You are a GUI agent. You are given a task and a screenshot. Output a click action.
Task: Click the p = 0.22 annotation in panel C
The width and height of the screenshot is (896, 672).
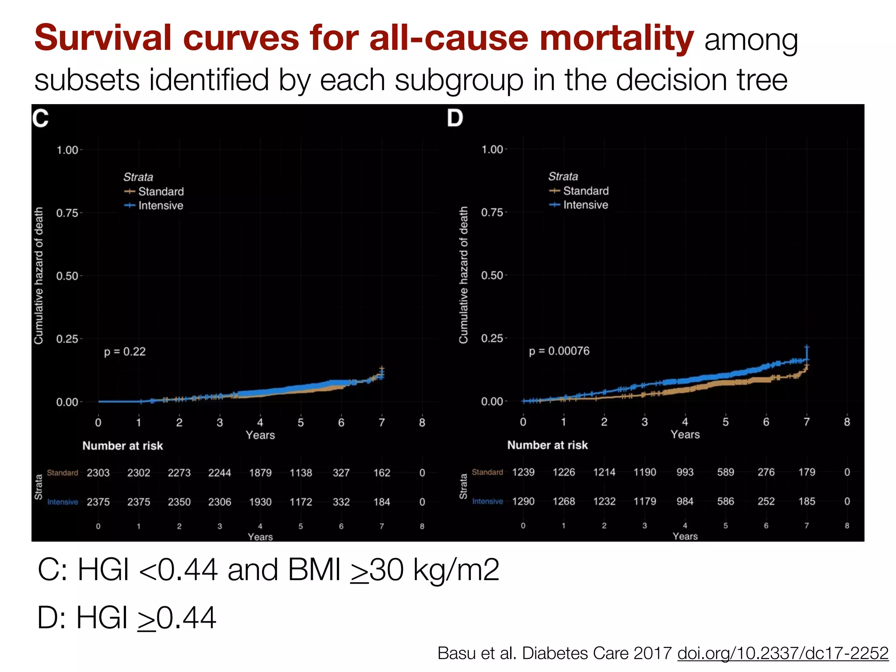coord(125,352)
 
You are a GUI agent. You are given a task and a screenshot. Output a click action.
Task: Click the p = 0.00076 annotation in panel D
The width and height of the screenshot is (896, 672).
coord(559,351)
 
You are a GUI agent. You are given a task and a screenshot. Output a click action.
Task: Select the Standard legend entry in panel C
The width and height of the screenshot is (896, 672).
coord(161,192)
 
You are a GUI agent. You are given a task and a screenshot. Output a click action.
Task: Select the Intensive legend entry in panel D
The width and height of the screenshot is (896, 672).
coord(585,205)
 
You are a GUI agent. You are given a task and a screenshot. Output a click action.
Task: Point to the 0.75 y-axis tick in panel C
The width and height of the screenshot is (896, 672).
coord(67,213)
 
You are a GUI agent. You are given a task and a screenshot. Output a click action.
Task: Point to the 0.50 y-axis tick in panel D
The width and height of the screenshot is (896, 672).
coord(492,276)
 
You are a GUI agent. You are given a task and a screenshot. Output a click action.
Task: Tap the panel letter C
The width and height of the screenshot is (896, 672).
coord(41,118)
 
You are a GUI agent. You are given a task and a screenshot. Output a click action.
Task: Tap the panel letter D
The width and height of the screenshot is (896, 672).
coord(455,118)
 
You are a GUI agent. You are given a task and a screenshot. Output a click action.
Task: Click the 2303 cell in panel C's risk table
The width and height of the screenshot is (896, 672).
coord(98,473)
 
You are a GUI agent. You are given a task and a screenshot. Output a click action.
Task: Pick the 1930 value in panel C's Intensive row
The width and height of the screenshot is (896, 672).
coord(260,502)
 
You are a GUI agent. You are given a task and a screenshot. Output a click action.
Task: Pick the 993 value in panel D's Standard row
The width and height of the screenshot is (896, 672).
coord(685,472)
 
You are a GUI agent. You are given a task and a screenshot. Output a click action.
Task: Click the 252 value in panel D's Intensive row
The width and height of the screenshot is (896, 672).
coord(766,501)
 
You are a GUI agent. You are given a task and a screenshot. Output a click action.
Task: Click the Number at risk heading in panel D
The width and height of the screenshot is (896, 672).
coord(547,445)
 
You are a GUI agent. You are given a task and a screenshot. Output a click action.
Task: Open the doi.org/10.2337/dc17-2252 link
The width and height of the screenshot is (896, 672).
coord(783,653)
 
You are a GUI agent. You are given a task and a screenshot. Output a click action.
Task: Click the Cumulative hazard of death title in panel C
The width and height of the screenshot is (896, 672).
coord(39,276)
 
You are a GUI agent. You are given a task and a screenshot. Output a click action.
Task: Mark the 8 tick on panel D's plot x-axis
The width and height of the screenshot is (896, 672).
coord(847,422)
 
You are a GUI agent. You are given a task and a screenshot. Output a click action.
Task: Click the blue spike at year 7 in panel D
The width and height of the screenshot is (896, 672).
coord(807,352)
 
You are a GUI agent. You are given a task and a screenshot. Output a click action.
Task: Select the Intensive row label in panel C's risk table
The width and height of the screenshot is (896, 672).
coord(63,502)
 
